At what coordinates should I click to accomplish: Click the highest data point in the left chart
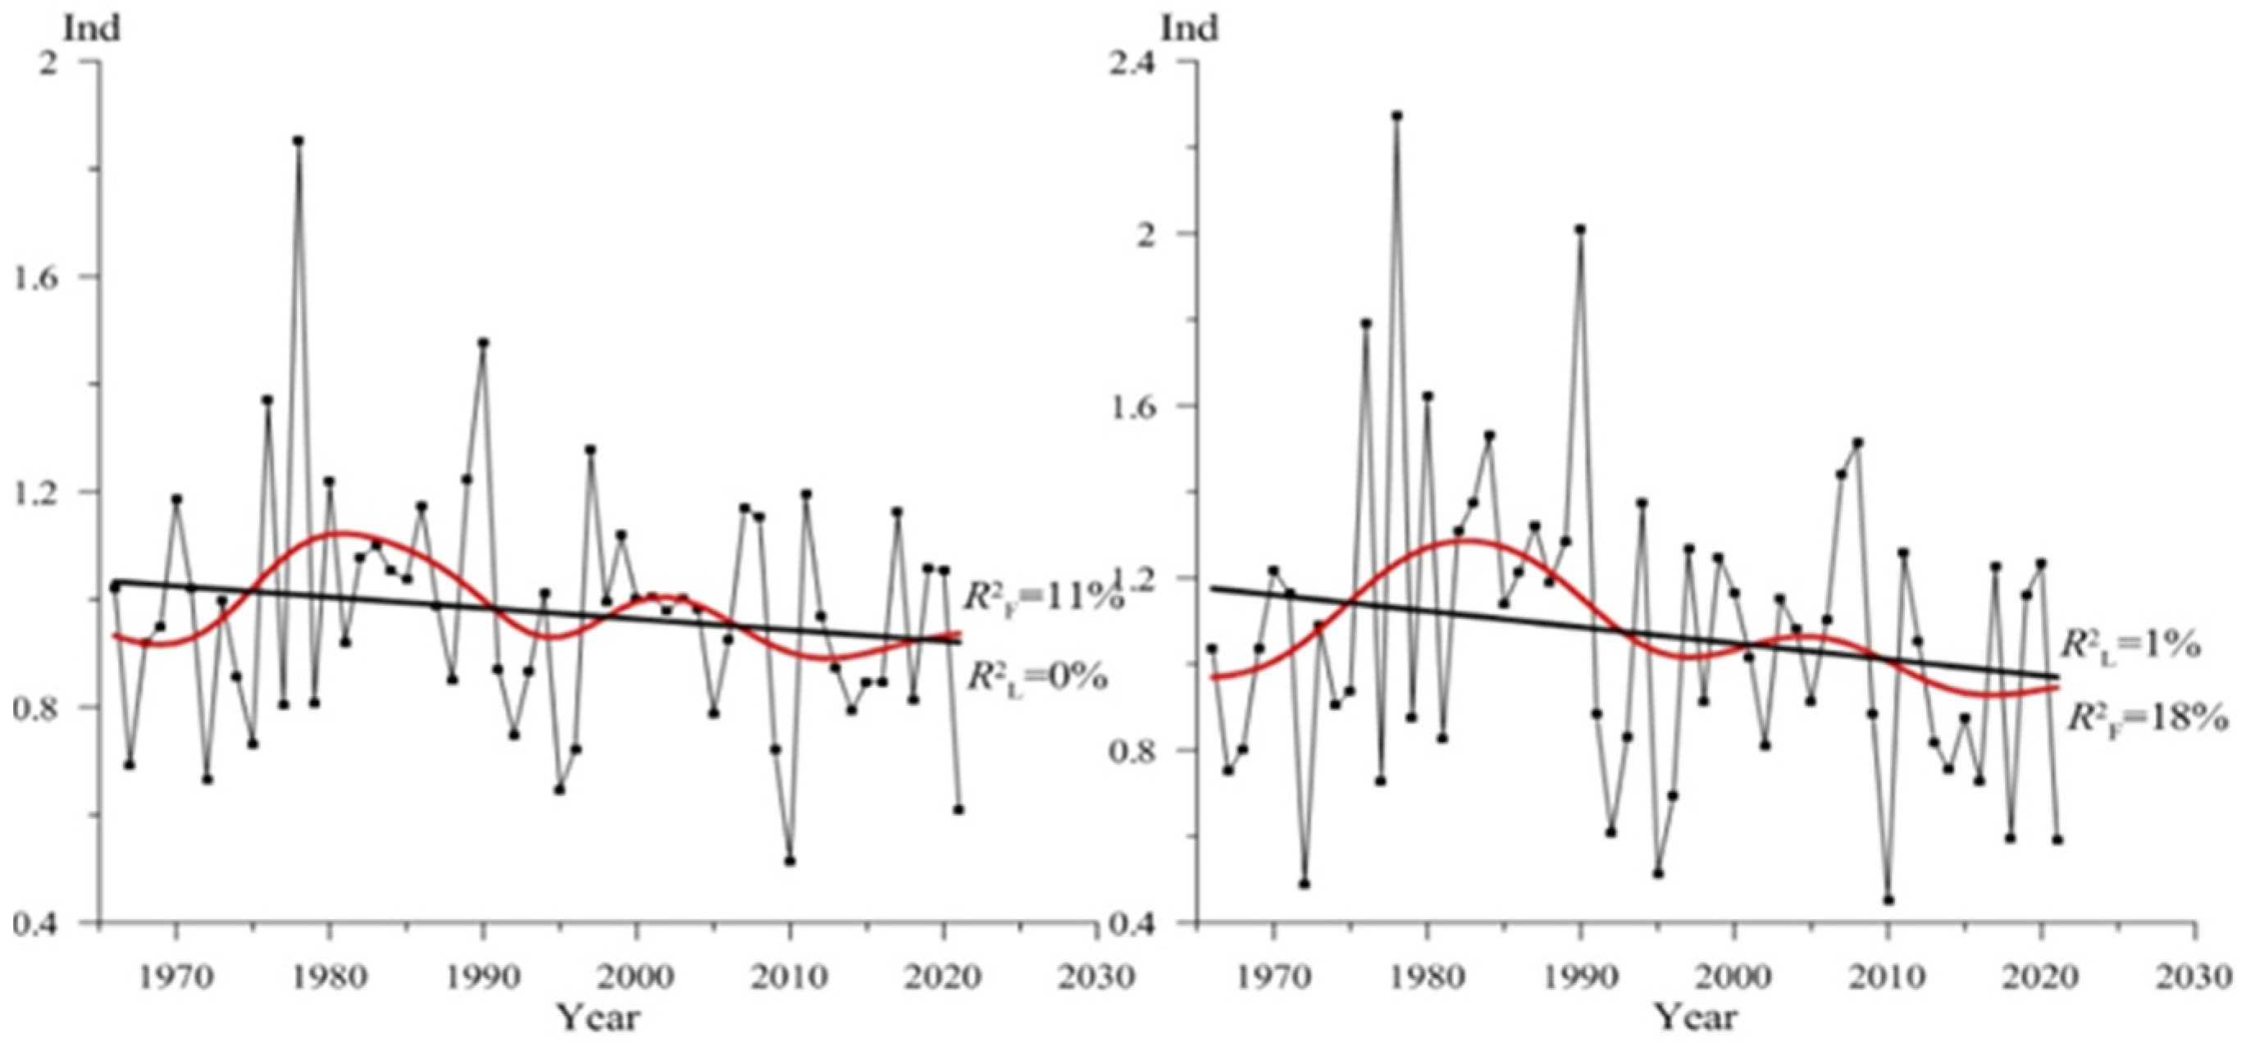click(x=298, y=140)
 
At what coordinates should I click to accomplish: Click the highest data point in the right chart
click(x=1396, y=115)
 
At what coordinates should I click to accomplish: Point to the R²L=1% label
click(x=2130, y=645)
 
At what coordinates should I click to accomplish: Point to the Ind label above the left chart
click(x=92, y=29)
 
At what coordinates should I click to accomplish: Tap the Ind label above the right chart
click(x=1189, y=29)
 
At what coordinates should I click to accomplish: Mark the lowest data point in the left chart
click(x=790, y=860)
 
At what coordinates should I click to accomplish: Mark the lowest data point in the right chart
click(x=1888, y=899)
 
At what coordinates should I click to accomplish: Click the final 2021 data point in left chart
click(x=959, y=809)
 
